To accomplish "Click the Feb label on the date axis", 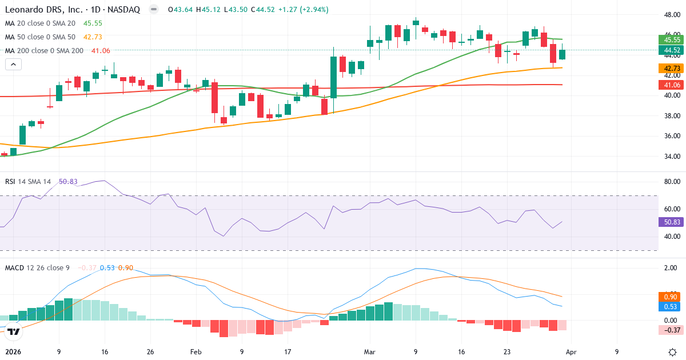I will pos(196,352).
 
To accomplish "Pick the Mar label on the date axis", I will pos(369,352).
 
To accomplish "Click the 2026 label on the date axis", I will pos(13,352).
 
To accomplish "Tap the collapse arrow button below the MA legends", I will pos(13,65).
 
